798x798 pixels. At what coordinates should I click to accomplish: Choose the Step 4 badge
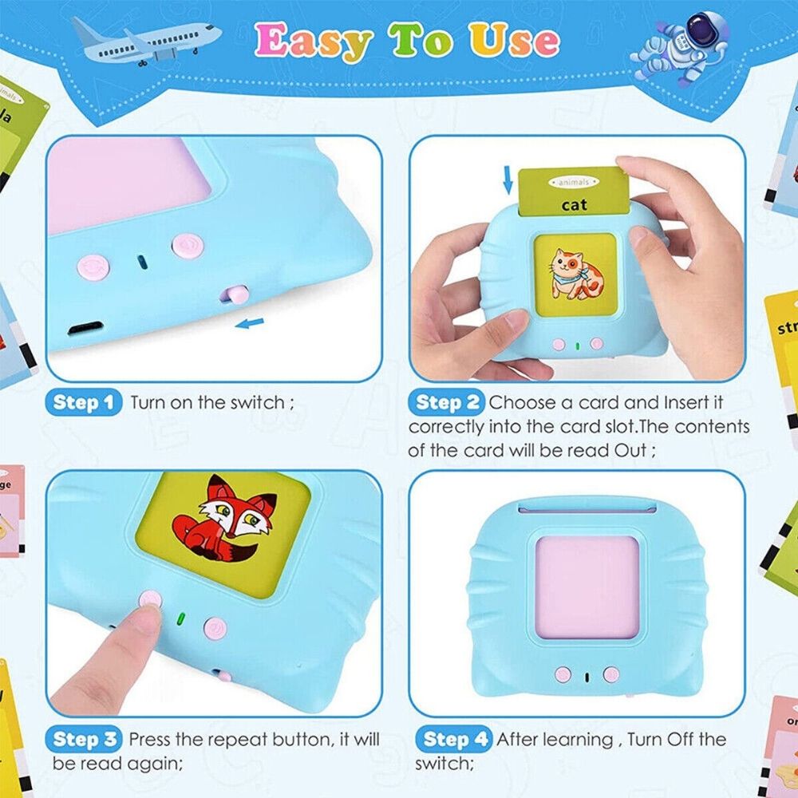tap(452, 739)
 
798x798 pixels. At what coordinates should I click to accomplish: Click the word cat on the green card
tap(574, 205)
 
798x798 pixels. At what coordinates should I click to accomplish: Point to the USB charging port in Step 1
tap(85, 328)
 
